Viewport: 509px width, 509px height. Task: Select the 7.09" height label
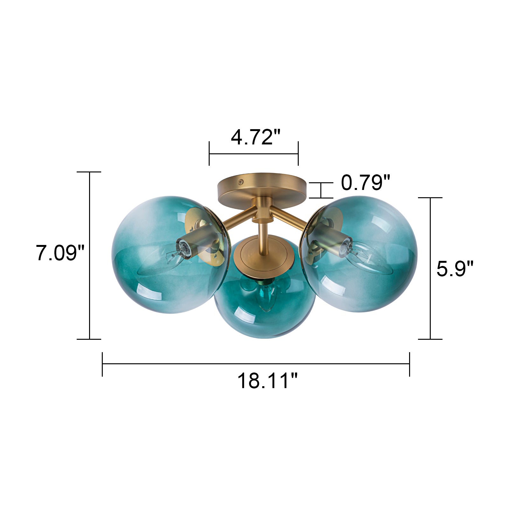(x=60, y=253)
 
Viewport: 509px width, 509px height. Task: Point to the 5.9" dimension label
(x=455, y=269)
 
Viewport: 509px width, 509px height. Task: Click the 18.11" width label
(x=267, y=381)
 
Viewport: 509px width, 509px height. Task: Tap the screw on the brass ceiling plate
(x=241, y=182)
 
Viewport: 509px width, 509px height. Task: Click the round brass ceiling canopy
(x=262, y=188)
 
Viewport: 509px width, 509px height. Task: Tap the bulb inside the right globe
(x=366, y=258)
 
